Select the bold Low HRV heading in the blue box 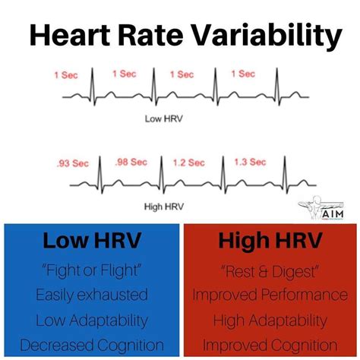pyautogui.click(x=90, y=244)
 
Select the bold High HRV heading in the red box pyautogui.click(x=270, y=244)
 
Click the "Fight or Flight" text pyautogui.click(x=90, y=271)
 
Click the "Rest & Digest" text pyautogui.click(x=270, y=271)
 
